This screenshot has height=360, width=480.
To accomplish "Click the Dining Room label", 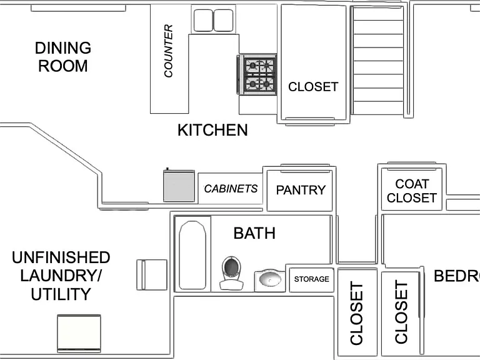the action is click(x=63, y=57).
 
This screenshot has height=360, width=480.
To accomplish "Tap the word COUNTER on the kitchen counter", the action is click(x=168, y=51).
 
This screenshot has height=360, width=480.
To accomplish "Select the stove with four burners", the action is click(x=257, y=75).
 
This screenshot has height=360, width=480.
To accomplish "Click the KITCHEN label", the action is click(x=212, y=130).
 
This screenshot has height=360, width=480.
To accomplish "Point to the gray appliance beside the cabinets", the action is click(x=179, y=186).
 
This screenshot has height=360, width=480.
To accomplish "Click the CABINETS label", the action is click(x=231, y=189).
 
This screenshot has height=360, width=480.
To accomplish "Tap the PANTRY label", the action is click(x=301, y=190).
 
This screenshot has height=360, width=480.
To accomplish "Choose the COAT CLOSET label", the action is click(x=412, y=191).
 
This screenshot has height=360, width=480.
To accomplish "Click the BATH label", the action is click(x=254, y=233).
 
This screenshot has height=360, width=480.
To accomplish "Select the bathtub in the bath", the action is click(x=192, y=255).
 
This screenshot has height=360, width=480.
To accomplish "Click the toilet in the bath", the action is click(x=231, y=273).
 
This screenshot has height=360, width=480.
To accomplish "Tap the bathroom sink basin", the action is click(x=270, y=280).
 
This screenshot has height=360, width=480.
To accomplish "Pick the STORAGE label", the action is click(x=312, y=279).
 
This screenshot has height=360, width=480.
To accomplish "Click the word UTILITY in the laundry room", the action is click(x=61, y=294).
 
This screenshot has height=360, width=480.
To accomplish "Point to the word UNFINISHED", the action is click(x=61, y=257).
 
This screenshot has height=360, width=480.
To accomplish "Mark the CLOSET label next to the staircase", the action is click(x=313, y=87).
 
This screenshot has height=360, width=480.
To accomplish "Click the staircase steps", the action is click(x=378, y=61).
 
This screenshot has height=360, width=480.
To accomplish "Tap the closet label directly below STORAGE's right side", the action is click(x=357, y=314).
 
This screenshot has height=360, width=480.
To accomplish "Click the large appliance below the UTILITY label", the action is click(x=79, y=334).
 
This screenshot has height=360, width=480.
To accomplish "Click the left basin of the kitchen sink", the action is click(x=203, y=20).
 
